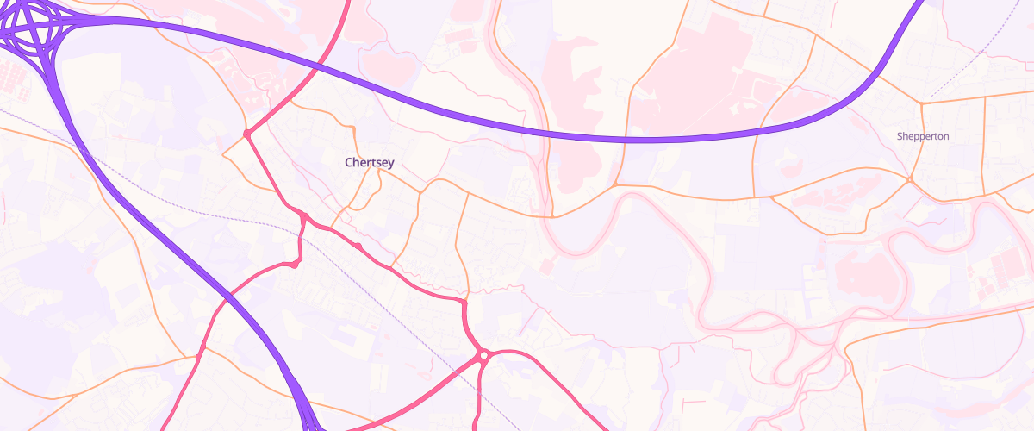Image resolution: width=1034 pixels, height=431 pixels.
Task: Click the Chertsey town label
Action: click(x=369, y=162)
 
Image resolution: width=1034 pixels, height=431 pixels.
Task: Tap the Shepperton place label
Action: click(x=922, y=136)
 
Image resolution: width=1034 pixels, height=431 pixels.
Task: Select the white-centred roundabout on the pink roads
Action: click(x=484, y=354)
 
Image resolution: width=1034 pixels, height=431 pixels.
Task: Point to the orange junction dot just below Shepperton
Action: click(x=910, y=179)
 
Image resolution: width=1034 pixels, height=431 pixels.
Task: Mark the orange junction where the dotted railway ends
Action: click(x=921, y=103)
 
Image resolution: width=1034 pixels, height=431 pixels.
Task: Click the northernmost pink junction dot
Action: click(x=246, y=134)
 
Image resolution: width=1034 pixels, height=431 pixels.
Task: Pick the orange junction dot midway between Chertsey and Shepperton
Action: click(x=616, y=184)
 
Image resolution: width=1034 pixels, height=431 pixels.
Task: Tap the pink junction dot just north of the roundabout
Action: click(x=464, y=303)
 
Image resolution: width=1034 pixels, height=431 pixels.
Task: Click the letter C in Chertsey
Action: click(x=349, y=162)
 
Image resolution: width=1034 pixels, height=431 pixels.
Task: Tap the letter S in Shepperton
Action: click(x=900, y=136)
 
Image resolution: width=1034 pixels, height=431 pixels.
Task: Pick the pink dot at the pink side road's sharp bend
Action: click(x=294, y=265)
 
